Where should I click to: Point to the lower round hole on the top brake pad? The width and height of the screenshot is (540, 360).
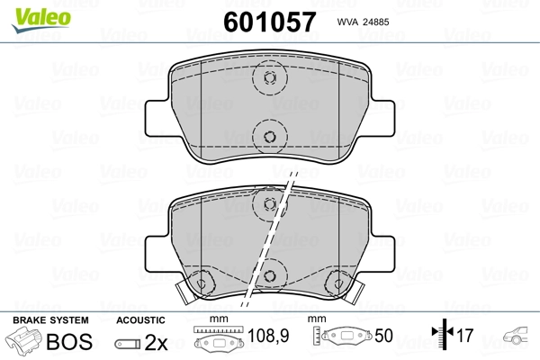click(x=268, y=137)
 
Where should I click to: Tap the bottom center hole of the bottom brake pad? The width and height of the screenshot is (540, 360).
click(x=268, y=266)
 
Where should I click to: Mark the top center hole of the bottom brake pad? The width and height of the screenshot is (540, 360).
click(x=268, y=209)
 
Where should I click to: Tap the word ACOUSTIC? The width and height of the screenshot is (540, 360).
click(x=140, y=320)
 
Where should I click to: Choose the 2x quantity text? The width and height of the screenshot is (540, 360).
click(x=156, y=343)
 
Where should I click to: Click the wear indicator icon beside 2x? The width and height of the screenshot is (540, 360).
click(x=129, y=344)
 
